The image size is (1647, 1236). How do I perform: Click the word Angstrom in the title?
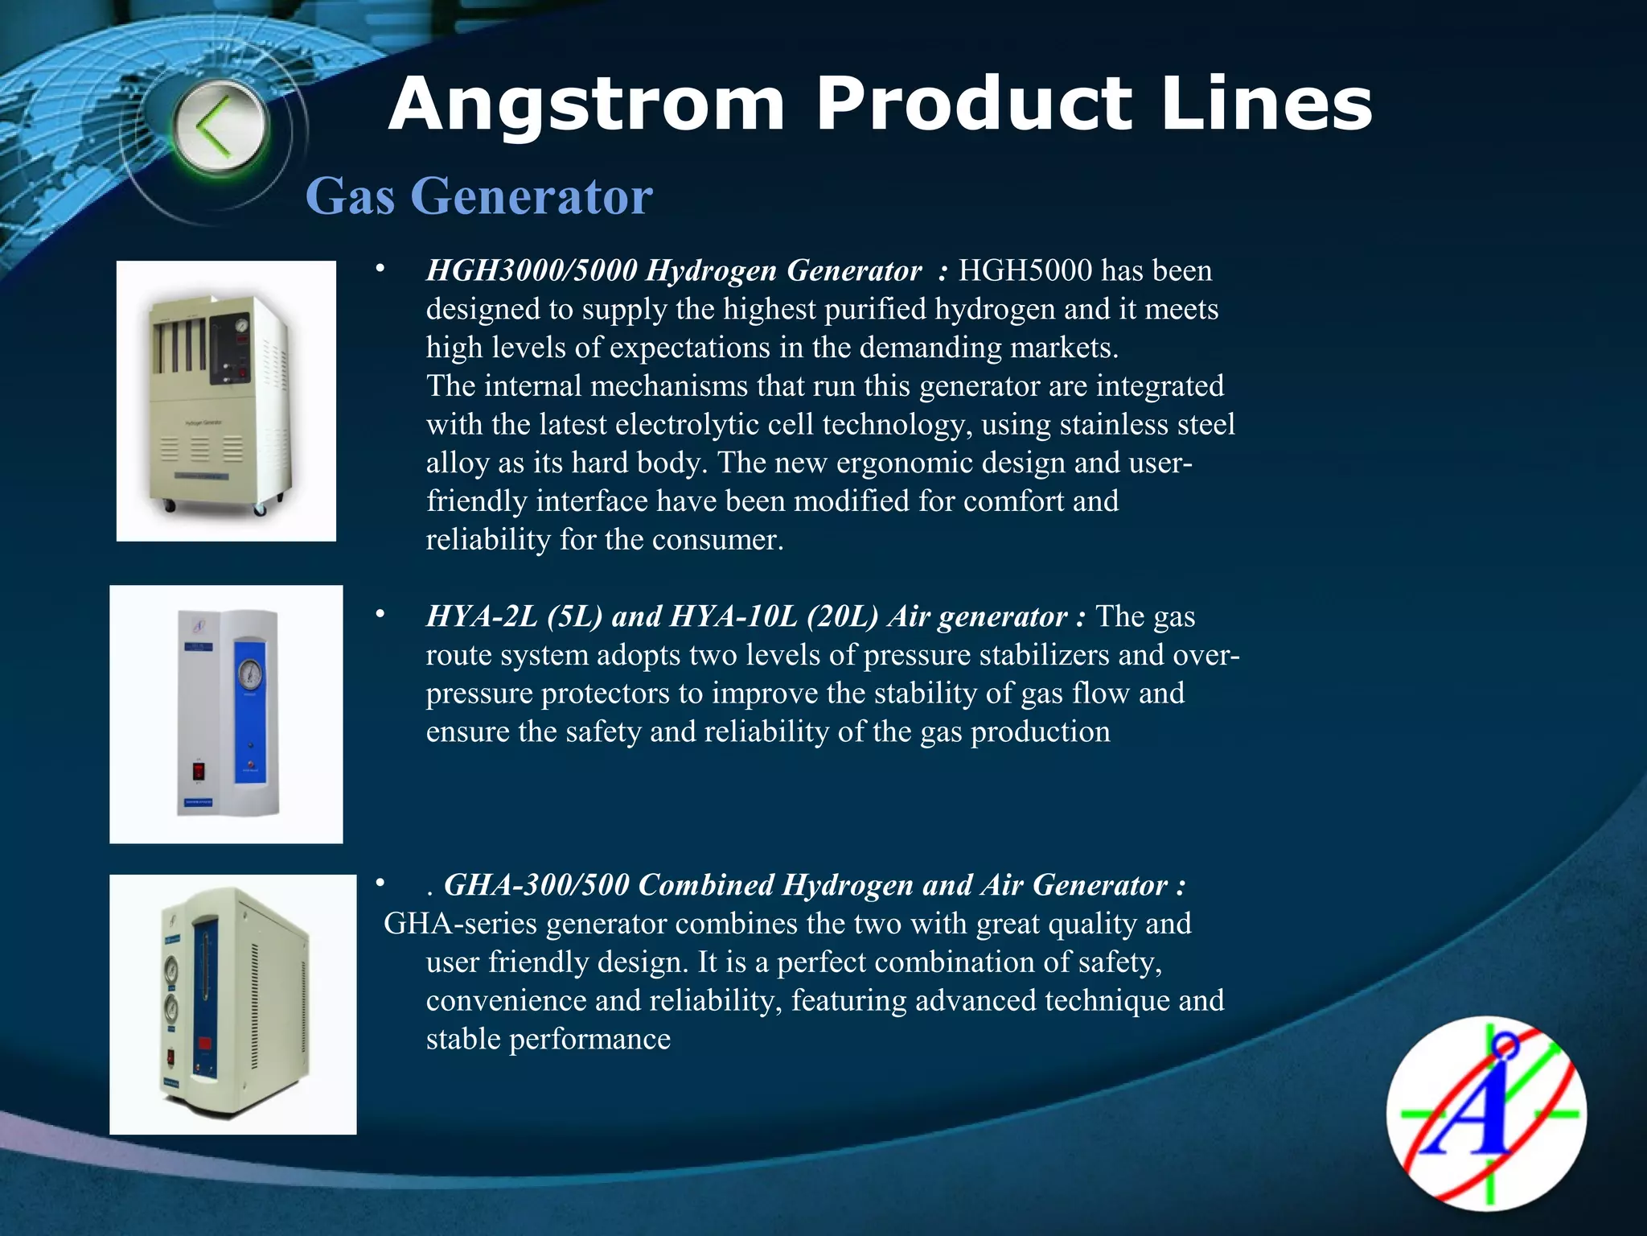tap(586, 105)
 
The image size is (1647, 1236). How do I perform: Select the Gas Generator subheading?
tap(479, 196)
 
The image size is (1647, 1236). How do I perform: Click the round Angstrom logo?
tap(1486, 1114)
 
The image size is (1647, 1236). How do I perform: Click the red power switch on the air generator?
tap(198, 772)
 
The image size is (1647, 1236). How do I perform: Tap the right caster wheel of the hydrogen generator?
tap(260, 509)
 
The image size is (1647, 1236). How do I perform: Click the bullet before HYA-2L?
tap(380, 616)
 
